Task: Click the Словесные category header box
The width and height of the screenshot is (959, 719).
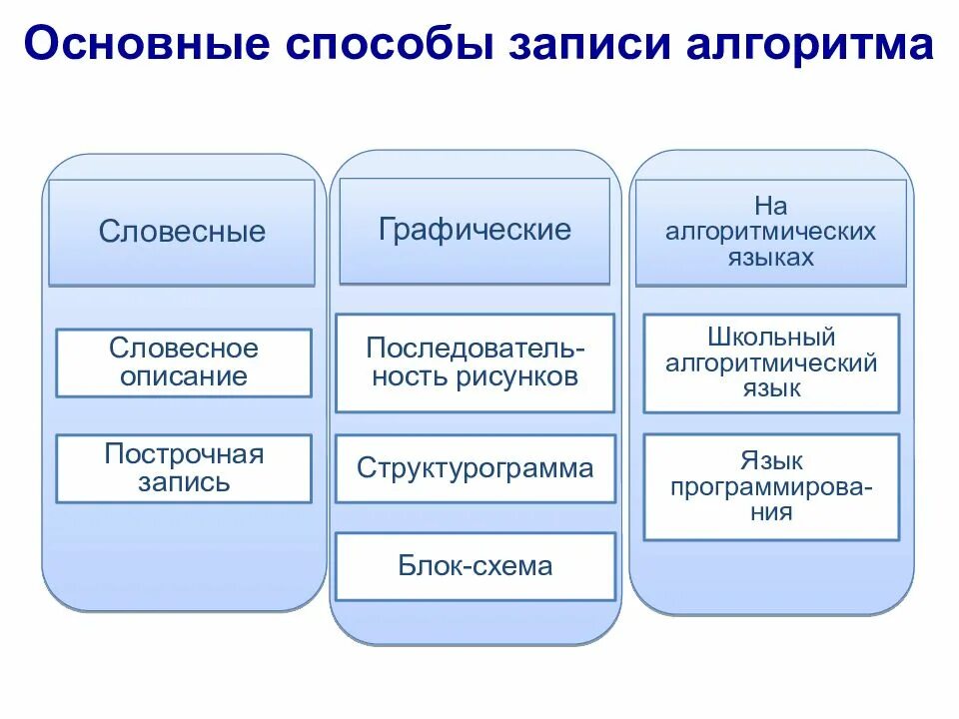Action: click(x=182, y=233)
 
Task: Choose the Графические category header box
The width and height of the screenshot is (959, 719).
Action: click(x=475, y=231)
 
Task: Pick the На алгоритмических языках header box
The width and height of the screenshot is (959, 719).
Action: click(x=771, y=232)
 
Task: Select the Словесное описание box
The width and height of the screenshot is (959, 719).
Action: click(x=184, y=362)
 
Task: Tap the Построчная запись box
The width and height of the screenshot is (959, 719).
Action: click(x=184, y=468)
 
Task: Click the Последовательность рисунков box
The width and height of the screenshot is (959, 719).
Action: click(x=475, y=362)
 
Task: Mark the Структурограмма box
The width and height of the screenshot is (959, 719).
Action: click(x=475, y=468)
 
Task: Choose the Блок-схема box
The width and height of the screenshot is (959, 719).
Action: click(x=475, y=566)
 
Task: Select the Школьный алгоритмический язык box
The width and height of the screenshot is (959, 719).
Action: click(x=771, y=362)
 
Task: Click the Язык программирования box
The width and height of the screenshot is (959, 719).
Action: click(x=771, y=486)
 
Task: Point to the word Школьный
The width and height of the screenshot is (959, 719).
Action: click(x=771, y=338)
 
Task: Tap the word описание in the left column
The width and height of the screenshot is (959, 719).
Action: click(x=184, y=376)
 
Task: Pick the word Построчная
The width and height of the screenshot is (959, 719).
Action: click(x=184, y=454)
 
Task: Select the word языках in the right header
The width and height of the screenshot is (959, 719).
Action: click(x=771, y=257)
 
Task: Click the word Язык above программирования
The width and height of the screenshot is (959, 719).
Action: click(x=771, y=461)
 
